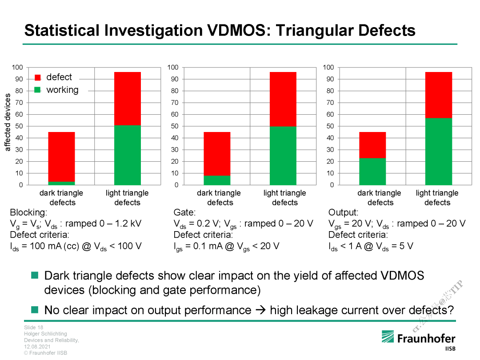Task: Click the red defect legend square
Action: [x=38, y=77]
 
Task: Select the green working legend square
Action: [x=38, y=90]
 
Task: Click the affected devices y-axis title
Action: [x=8, y=122]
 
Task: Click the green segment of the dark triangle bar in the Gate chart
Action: [x=217, y=180]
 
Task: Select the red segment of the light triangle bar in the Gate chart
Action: [x=283, y=99]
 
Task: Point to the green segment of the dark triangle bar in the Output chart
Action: [x=372, y=171]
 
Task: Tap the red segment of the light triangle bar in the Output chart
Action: [x=438, y=95]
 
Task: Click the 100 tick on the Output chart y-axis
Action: [x=328, y=68]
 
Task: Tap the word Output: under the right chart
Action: [x=343, y=213]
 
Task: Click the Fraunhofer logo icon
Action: [x=387, y=337]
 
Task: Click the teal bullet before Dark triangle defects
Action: [x=35, y=276]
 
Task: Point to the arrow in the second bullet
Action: [x=260, y=310]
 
